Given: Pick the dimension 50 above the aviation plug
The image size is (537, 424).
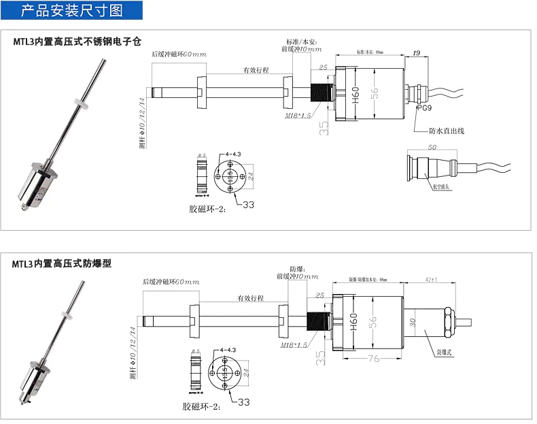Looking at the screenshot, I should [x=432, y=147].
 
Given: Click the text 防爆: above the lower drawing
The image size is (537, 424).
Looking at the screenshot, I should [x=297, y=267].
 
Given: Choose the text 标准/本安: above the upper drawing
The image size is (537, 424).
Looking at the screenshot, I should [x=303, y=42].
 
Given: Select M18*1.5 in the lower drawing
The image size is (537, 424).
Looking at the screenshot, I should [x=293, y=346].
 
